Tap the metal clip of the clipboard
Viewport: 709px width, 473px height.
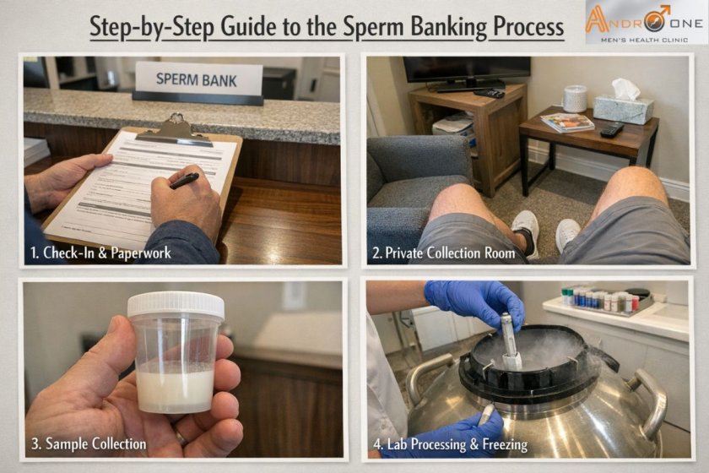(175, 128)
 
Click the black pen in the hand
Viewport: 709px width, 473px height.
(184, 180)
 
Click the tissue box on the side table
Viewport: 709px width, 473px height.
(624, 106)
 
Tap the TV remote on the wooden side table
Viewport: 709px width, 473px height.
(612, 130)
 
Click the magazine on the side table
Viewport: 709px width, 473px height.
(567, 122)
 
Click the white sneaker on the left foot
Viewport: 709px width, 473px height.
(525, 230)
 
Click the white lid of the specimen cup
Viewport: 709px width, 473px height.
(176, 305)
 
